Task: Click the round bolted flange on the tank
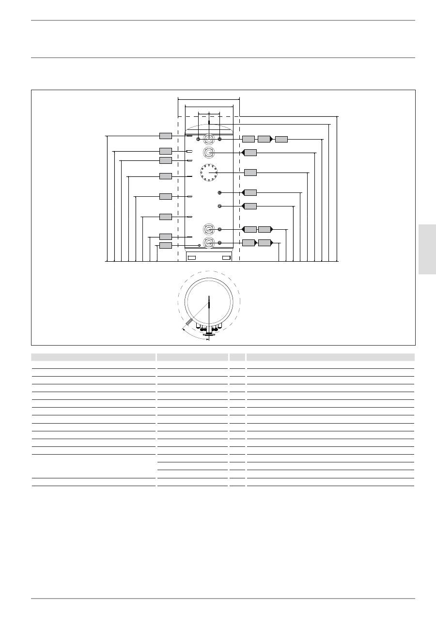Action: tap(209, 173)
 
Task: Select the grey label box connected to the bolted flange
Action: tap(250, 173)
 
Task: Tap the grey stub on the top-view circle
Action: tap(189, 323)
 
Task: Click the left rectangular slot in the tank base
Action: tap(192, 257)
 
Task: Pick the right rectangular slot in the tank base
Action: tap(226, 257)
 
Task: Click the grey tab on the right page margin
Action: tap(427, 249)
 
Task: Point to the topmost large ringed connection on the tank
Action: tap(209, 139)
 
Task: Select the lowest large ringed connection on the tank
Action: tap(209, 243)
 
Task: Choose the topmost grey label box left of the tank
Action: tap(166, 136)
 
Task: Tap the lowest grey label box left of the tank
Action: tap(166, 246)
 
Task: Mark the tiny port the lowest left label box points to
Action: tap(193, 246)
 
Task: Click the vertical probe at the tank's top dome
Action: tap(209, 124)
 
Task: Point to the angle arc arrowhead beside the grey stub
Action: tap(183, 329)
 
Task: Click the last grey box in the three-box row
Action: tap(281, 140)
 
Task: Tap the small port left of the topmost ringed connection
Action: tap(198, 139)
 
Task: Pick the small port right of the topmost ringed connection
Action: tap(220, 139)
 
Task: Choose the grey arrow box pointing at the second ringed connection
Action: tap(249, 153)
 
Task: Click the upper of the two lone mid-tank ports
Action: tap(220, 193)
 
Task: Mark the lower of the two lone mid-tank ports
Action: tap(220, 206)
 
